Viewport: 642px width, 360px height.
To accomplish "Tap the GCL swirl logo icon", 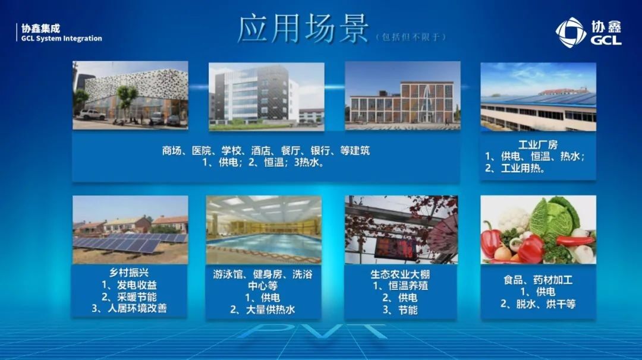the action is [571, 32].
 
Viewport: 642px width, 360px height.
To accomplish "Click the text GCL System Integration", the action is [62, 39].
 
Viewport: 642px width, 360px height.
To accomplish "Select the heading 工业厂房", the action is [537, 144].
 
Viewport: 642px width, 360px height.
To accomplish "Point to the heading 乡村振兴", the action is [129, 273].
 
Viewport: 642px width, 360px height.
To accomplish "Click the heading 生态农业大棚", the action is [400, 274].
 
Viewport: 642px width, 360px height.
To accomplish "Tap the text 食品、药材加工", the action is [537, 280].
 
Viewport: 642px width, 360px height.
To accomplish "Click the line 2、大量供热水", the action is [263, 310].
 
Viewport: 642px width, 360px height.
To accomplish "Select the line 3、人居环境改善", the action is [130, 308].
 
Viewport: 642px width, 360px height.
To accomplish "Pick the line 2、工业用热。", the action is [515, 168].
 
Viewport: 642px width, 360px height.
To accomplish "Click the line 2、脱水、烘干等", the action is [537, 304].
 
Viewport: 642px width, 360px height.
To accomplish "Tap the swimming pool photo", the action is [264, 229].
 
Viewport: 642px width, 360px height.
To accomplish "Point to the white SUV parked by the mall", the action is [92, 114].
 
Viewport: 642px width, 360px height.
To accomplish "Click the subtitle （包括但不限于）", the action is [411, 37].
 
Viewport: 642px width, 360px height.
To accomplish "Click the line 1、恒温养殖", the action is [400, 286].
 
